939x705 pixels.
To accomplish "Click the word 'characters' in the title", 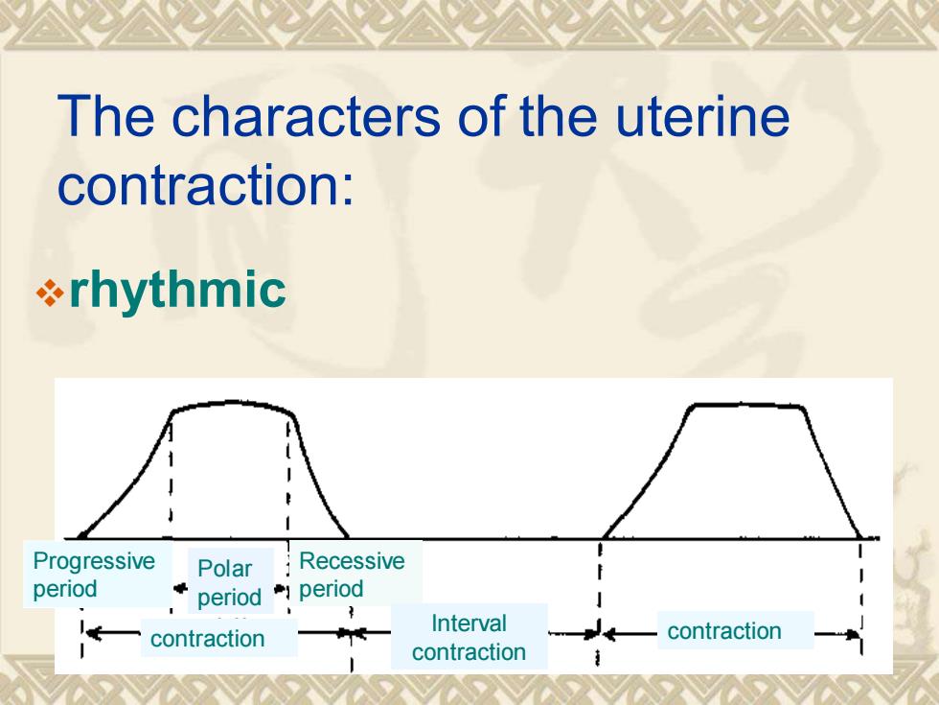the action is (307, 116).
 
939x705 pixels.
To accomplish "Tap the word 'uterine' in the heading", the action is (701, 116).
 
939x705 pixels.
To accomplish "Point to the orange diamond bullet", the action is (50, 294).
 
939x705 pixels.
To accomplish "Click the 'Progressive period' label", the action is (94, 575).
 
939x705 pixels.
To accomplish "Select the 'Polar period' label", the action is (229, 582).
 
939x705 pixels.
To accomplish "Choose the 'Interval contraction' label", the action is (469, 637).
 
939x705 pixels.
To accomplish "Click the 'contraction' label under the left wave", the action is (207, 639).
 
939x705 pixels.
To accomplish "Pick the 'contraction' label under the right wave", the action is (724, 631).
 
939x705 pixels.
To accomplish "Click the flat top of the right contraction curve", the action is (746, 406).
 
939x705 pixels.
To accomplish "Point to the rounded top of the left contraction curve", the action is (232, 404).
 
